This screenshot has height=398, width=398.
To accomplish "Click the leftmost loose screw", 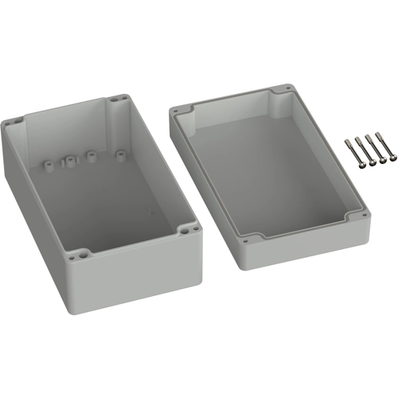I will tap(351, 149).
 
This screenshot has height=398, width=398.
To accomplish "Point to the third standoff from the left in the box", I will tap(92, 154).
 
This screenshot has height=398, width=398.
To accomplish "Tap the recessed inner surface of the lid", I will tap(271, 171).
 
